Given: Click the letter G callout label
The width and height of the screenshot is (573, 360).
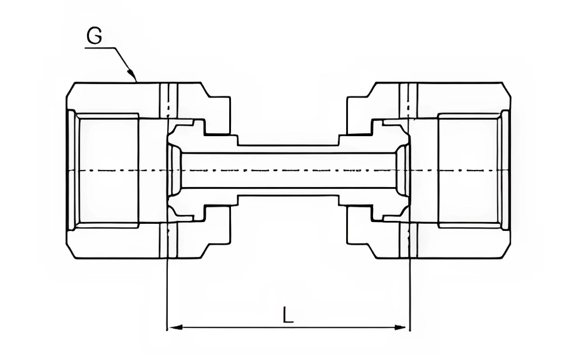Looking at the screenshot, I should click(x=94, y=36).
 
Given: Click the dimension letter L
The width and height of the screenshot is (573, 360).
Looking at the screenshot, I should click(x=288, y=316).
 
